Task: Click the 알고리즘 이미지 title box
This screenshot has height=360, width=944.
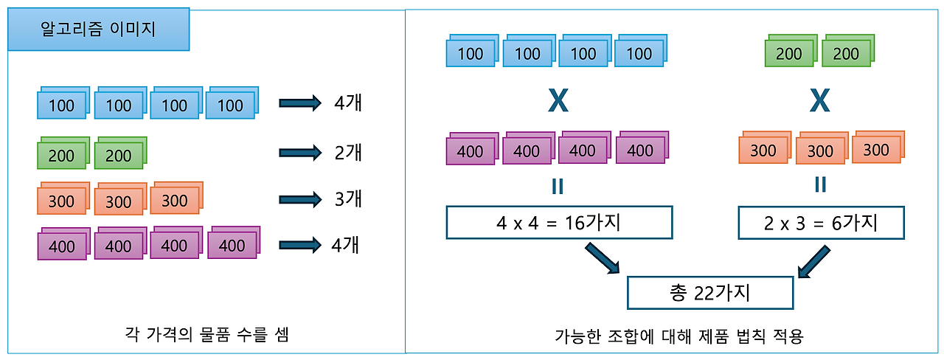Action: pyautogui.click(x=98, y=30)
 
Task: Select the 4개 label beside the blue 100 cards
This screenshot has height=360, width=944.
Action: pyautogui.click(x=347, y=103)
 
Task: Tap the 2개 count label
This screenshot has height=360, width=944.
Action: pyautogui.click(x=347, y=153)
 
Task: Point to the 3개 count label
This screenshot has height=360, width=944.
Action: pyautogui.click(x=347, y=199)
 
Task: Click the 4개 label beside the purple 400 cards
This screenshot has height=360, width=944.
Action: pyautogui.click(x=345, y=245)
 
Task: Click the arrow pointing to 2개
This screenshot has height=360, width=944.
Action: pyautogui.click(x=300, y=153)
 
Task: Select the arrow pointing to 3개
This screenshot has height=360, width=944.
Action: pyautogui.click(x=300, y=199)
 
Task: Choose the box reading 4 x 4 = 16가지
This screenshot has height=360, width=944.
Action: pyautogui.click(x=559, y=223)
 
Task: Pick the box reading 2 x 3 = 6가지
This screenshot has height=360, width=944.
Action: pyautogui.click(x=820, y=223)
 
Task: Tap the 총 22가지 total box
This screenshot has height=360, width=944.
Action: pyautogui.click(x=709, y=294)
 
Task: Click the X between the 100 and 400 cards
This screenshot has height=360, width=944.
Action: pyautogui.click(x=558, y=101)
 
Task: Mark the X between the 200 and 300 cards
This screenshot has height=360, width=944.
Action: pyautogui.click(x=819, y=101)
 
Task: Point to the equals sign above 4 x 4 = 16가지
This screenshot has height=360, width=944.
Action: pyautogui.click(x=558, y=187)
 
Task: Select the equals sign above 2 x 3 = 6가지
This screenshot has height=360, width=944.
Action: pyautogui.click(x=820, y=184)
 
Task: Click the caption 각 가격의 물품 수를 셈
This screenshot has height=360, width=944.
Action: pyautogui.click(x=207, y=335)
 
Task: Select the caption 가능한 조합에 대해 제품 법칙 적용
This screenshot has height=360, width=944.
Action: pyautogui.click(x=678, y=336)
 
